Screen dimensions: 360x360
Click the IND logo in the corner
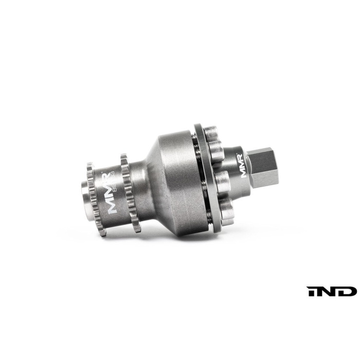coord(332,291)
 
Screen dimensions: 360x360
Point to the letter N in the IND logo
coord(330,291)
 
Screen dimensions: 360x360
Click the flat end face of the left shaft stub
coord(83,195)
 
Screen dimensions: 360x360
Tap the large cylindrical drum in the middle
coord(175,175)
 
